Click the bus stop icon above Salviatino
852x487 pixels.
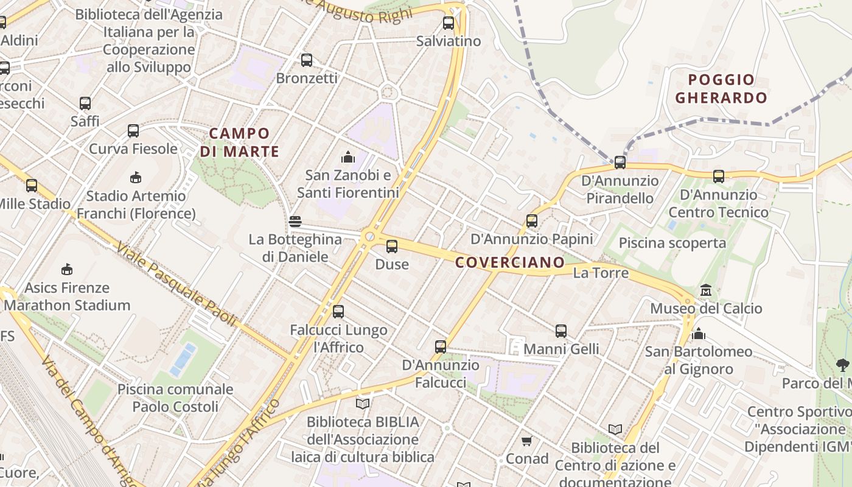[449, 24]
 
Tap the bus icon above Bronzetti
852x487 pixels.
[307, 60]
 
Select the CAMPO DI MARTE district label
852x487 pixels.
[239, 142]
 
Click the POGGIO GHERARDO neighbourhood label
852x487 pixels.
[721, 89]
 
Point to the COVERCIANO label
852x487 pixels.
[510, 262]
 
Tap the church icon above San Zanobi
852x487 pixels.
[348, 158]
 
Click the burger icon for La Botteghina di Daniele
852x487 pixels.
[295, 222]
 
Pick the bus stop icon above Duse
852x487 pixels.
[392, 247]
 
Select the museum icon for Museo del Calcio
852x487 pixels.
[706, 290]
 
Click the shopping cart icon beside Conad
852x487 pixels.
[526, 441]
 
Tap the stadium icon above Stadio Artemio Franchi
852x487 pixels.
[136, 178]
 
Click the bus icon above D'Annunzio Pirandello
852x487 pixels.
[620, 163]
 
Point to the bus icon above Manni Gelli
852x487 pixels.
[561, 331]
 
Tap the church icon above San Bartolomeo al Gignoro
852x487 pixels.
[699, 334]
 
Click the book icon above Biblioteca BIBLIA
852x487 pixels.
[363, 404]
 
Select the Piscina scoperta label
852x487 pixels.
[672, 243]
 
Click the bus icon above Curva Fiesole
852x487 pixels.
[133, 131]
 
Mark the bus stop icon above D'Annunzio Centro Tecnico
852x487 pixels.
[719, 177]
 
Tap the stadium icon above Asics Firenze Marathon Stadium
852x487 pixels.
[67, 269]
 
